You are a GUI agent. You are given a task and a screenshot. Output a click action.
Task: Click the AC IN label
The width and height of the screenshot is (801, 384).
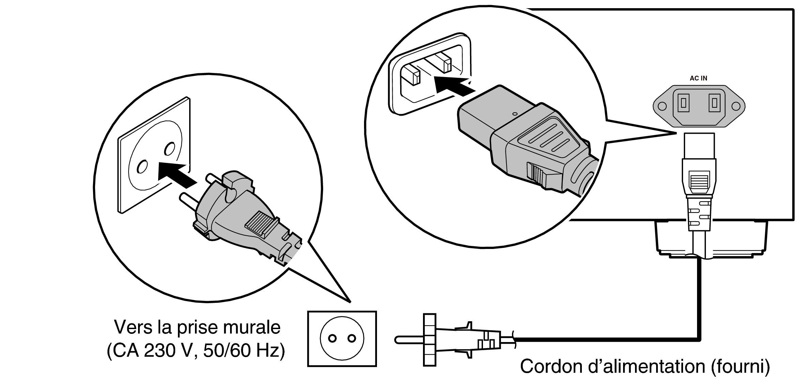[698, 78]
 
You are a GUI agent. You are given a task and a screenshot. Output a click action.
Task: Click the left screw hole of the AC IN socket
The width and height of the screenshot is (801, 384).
[662, 106]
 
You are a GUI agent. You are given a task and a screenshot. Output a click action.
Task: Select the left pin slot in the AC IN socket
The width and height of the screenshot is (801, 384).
[683, 103]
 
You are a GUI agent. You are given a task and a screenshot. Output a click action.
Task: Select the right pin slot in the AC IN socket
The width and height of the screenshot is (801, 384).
[714, 103]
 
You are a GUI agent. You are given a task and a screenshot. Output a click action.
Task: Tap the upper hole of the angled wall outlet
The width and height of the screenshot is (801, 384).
[169, 149]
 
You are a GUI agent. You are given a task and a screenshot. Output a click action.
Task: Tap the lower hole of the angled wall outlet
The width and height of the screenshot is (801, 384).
[141, 167]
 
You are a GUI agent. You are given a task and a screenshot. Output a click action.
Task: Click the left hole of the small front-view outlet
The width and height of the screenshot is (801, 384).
[332, 339]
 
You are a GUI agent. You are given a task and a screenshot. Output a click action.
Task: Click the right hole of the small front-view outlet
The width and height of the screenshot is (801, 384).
[351, 339]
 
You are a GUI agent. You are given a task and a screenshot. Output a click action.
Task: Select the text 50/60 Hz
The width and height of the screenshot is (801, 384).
[244, 352]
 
